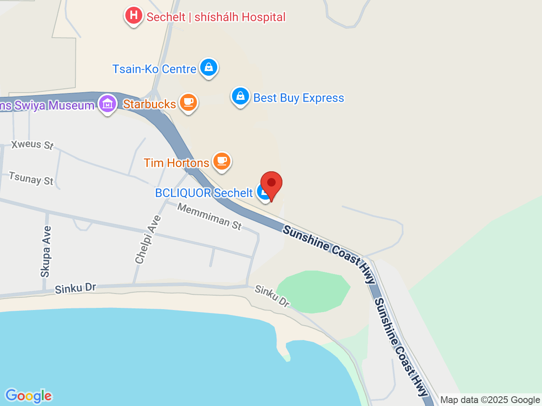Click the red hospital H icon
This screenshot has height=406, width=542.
coord(134,16)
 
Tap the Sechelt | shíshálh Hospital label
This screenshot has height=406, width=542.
coord(216,17)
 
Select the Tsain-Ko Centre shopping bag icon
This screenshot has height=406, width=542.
coord(208,67)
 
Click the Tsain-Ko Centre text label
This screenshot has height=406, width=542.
coord(154,69)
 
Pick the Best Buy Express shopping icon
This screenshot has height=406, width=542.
coord(240,96)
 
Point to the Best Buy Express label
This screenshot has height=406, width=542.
coord(299,98)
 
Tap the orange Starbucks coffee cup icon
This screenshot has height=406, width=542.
coord(188,103)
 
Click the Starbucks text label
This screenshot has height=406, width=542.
coord(149,104)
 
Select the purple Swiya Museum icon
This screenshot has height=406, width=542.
coord(107,104)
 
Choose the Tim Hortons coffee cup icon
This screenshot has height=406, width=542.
coord(221,161)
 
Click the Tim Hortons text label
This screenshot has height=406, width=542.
coord(177,163)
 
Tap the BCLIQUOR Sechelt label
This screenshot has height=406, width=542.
coord(204,193)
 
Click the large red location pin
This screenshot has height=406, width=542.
coord(271,184)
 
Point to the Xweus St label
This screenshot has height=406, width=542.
coord(33,145)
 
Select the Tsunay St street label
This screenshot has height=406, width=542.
coord(31,178)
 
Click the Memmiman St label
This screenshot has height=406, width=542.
coord(209,216)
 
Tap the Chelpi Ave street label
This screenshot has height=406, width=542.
coord(148,240)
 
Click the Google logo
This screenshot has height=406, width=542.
coord(28,396)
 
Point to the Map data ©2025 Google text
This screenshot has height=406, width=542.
coord(490,400)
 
